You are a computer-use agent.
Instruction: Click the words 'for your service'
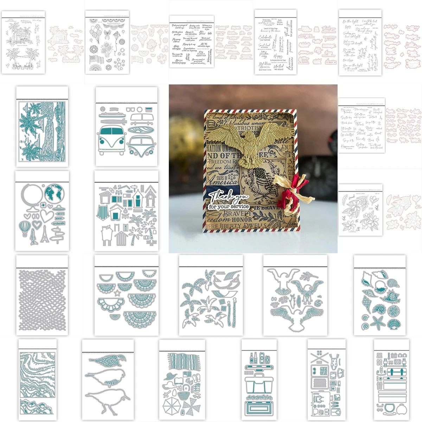[228, 206]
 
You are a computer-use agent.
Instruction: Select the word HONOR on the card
[242, 219]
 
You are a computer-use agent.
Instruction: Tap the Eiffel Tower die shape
[44, 234]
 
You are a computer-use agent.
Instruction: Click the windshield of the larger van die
[110, 132]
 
